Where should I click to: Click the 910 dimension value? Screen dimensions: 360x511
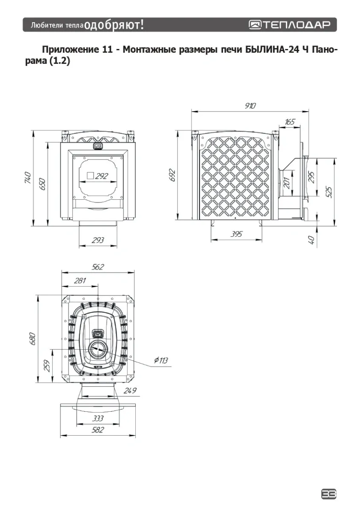click(250, 106)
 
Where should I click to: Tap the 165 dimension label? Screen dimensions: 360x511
click(289, 122)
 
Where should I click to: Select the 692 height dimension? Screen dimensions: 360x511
click(173, 175)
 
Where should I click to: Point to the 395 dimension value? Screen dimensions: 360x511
click(237, 234)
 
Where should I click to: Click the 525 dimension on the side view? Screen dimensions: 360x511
click(329, 192)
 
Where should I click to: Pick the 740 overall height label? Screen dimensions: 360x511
click(27, 178)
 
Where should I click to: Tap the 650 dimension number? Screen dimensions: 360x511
click(42, 184)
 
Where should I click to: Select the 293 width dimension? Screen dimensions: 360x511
click(98, 240)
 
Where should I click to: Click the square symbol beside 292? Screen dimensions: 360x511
click(91, 175)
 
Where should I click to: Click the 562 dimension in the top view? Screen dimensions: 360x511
click(98, 267)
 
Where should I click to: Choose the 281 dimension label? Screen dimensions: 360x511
click(80, 280)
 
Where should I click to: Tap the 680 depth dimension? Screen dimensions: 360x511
click(32, 339)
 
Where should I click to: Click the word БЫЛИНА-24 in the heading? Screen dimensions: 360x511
click(272, 49)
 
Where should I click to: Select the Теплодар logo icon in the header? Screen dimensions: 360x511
click(255, 25)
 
